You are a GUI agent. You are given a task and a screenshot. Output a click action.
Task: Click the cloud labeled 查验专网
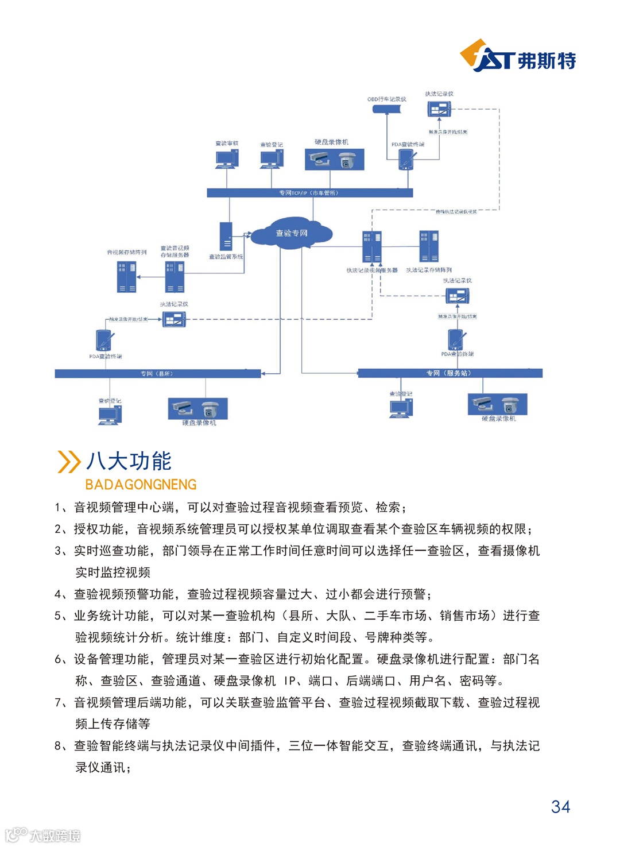pos(292,233)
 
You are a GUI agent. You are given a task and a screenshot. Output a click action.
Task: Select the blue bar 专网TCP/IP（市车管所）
pos(309,193)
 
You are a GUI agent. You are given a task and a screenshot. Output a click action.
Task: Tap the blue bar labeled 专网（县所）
pos(157,374)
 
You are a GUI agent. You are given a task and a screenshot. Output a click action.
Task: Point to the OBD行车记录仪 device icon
pos(386,109)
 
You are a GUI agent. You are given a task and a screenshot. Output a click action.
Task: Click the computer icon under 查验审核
pos(227,158)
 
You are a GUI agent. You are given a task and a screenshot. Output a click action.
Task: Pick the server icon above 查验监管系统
pos(226,236)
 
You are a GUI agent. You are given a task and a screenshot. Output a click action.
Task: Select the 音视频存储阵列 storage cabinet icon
pos(126,277)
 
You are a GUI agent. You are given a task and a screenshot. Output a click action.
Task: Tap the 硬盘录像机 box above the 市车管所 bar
pos(334,159)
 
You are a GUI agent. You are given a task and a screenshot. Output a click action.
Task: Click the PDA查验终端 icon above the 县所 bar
pos(104,341)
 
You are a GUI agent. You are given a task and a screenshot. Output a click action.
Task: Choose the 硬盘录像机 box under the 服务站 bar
pos(497,404)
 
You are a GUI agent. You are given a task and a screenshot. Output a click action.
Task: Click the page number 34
pos(560,807)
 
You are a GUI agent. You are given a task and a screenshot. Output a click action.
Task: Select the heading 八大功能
pos(129,461)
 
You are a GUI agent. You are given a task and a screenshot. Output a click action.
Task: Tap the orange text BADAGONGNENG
pos(141,485)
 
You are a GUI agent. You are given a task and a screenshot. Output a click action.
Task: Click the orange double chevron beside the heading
pos(69,462)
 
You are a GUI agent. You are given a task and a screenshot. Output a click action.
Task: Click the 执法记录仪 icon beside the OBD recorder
pos(439,109)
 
